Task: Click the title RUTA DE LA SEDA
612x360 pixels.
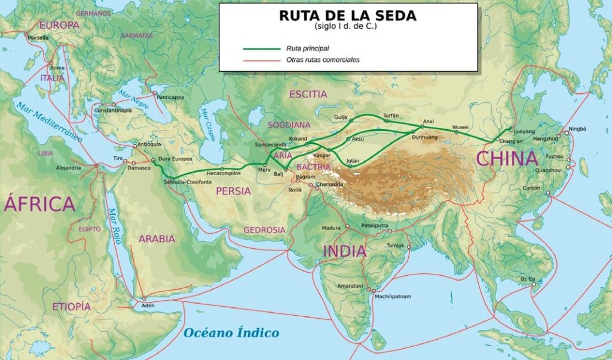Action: click(x=347, y=16)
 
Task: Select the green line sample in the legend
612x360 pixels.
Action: click(x=261, y=48)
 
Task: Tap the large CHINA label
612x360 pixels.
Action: click(x=507, y=158)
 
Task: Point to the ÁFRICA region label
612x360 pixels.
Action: click(x=39, y=204)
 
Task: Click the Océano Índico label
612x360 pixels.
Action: click(x=231, y=333)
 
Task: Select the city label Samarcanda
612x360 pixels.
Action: click(x=270, y=145)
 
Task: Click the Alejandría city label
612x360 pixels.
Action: click(x=68, y=168)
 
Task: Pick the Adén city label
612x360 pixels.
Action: click(x=148, y=305)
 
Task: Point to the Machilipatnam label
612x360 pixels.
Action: click(x=394, y=296)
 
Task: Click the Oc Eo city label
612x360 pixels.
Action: click(x=528, y=279)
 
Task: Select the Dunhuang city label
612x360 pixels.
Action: click(x=425, y=138)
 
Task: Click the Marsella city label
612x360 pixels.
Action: click(x=38, y=37)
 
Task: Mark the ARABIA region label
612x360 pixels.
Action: click(x=157, y=239)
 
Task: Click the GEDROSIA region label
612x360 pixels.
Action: click(x=264, y=230)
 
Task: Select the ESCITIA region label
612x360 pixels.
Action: click(x=308, y=94)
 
